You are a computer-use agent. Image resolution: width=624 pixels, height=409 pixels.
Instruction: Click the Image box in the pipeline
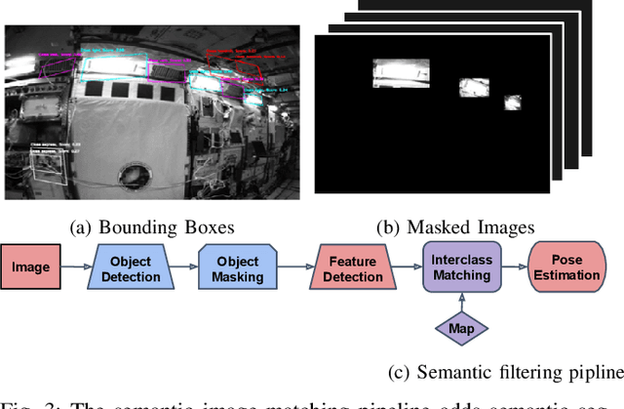pos(30,267)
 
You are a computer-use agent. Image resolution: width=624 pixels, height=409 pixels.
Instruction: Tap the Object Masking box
pos(237,268)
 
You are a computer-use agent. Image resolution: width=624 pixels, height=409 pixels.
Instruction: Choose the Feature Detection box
pos(352,268)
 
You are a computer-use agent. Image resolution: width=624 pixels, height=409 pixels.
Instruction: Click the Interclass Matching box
pos(461,267)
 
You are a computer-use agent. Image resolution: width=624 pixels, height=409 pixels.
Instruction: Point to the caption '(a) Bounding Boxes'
pos(152,227)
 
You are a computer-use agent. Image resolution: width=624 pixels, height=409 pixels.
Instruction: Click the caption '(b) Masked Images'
pos(455,227)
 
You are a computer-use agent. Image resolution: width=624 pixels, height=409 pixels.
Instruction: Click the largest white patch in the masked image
pos(401,73)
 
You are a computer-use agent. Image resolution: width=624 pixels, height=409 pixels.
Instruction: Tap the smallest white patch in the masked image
pos(512,102)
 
